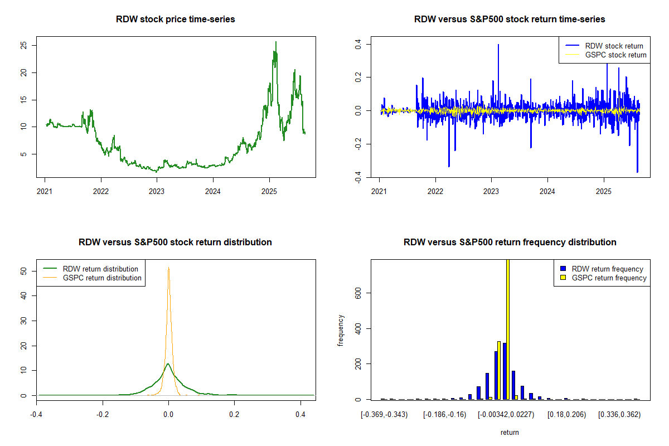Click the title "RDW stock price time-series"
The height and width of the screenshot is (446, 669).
(176, 20)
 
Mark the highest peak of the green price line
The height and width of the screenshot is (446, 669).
(275, 42)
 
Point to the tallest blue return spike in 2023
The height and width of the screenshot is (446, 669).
(498, 45)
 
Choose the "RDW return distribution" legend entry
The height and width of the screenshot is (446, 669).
(100, 269)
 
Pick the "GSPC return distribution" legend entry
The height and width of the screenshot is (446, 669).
(102, 278)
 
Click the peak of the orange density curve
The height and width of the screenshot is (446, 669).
(168, 268)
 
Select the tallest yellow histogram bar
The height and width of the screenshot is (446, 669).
(507, 329)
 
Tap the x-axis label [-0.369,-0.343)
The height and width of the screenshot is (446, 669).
(384, 415)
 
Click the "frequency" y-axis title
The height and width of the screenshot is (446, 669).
(341, 330)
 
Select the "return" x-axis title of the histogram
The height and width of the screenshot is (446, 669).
(510, 432)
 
